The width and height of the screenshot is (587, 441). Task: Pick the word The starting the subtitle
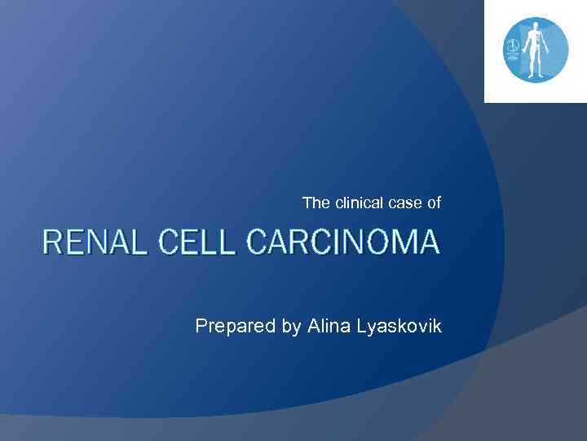point(314,203)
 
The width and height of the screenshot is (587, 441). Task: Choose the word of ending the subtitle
point(433,203)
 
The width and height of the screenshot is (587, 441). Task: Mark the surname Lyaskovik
point(399,327)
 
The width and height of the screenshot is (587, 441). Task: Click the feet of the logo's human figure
point(535,75)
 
